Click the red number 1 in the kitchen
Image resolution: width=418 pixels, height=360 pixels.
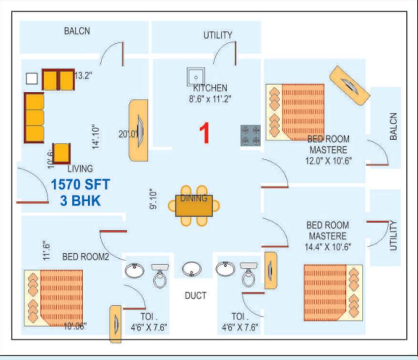(x=204, y=133)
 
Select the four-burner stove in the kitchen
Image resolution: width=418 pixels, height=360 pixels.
(x=251, y=135)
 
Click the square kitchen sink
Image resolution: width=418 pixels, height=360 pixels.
(x=196, y=75)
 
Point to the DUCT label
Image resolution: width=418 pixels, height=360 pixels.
(x=195, y=296)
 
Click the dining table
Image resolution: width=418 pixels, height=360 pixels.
(x=194, y=206)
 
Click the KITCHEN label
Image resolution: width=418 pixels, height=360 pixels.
(x=210, y=88)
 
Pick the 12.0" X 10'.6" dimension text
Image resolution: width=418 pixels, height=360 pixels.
(x=328, y=161)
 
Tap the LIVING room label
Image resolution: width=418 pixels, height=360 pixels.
(x=80, y=168)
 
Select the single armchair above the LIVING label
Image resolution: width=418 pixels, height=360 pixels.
(x=62, y=153)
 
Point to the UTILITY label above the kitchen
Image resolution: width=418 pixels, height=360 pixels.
(x=218, y=35)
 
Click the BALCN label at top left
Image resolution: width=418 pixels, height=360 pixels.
(x=77, y=31)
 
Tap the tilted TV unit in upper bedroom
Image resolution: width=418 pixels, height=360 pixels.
(x=350, y=85)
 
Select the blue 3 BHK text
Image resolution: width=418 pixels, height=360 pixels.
(x=80, y=201)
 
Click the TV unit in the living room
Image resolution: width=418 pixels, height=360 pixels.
(x=138, y=130)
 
